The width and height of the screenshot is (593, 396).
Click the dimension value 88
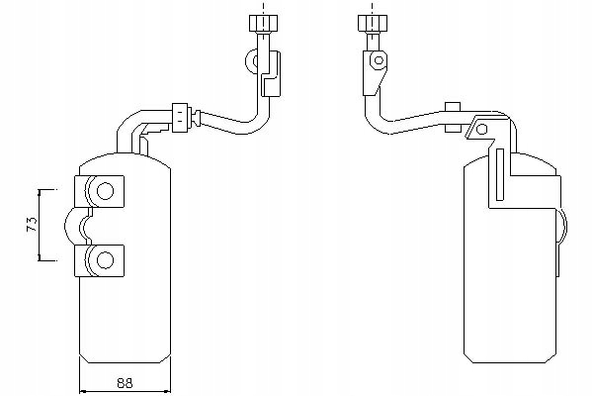(125, 382)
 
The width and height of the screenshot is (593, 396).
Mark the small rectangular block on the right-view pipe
(454, 107)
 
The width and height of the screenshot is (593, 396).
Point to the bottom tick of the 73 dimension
(42, 259)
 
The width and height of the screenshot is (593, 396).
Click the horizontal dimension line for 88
(125, 390)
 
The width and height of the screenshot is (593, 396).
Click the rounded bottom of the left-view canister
(125, 358)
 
